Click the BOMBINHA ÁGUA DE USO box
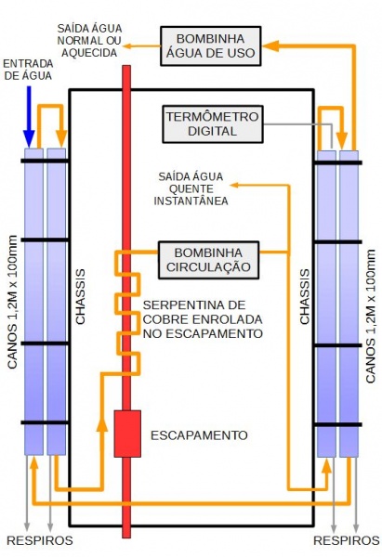[211, 45]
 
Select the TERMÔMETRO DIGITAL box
[213, 124]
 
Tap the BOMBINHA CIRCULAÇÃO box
[208, 260]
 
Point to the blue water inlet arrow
[29, 117]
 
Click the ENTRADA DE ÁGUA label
[28, 70]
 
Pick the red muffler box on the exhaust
[127, 434]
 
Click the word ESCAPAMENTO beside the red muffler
[199, 435]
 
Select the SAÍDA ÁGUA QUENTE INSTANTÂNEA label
[191, 188]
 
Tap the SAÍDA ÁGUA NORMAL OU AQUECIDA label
[89, 40]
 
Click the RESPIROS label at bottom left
[40, 540]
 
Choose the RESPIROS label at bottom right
[347, 540]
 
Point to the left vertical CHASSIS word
[81, 297]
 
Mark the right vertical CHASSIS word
[305, 297]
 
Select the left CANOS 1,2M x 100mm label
[12, 302]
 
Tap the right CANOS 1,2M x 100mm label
[370, 317]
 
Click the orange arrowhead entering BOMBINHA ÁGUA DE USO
[270, 45]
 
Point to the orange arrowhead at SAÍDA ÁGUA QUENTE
[234, 185]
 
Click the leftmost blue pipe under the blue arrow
[33, 301]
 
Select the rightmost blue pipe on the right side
[349, 304]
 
